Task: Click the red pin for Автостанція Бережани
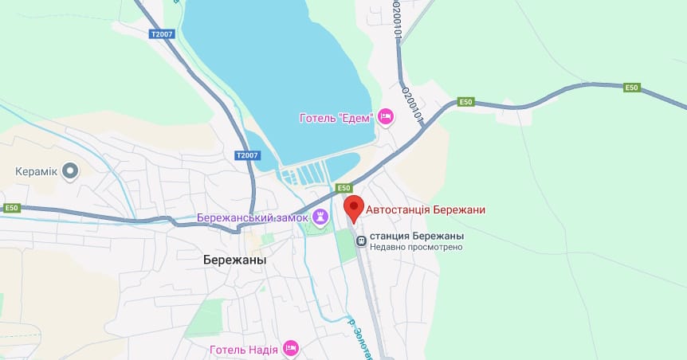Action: point(354,209)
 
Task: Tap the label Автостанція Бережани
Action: point(426,210)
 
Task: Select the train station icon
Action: point(361,237)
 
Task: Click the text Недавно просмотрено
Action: point(416,248)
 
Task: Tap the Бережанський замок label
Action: point(253,217)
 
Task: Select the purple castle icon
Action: point(320,217)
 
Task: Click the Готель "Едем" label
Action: point(336,118)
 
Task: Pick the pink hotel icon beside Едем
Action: point(385,118)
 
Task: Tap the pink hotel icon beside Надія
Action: point(291,348)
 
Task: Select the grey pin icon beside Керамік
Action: point(71,170)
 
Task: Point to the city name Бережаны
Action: point(234,260)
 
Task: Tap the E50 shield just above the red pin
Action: point(343,188)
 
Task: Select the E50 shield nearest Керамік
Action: point(10,208)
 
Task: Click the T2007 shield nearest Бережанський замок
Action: point(247,155)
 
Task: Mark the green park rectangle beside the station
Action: point(345,245)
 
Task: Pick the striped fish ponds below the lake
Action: point(303,174)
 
